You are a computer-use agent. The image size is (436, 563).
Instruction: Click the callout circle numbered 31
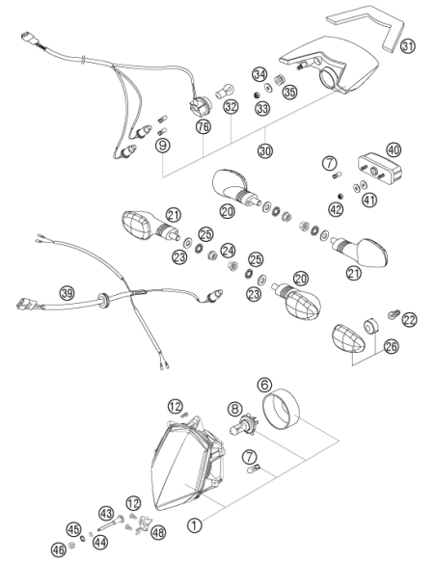[x=408, y=46]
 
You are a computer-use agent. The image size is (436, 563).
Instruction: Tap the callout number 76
[x=204, y=126]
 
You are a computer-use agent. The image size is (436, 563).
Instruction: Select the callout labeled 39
[x=67, y=293]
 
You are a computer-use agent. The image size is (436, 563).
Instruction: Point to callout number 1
[x=194, y=525]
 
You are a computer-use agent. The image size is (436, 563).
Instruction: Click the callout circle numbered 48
[x=157, y=532]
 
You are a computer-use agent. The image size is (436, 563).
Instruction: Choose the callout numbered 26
[x=391, y=346]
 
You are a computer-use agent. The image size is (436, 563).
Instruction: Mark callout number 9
[x=163, y=146]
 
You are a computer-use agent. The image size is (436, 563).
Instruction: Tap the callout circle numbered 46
[x=59, y=550]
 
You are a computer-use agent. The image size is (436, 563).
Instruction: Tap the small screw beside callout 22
[x=393, y=314]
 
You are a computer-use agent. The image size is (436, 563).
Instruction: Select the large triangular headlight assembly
[x=188, y=463]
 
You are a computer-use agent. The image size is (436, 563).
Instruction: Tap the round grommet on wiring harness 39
[x=103, y=301]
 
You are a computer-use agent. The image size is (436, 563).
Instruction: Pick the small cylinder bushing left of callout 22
[x=370, y=327]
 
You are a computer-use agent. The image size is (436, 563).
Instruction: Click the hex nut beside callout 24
[x=212, y=255]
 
